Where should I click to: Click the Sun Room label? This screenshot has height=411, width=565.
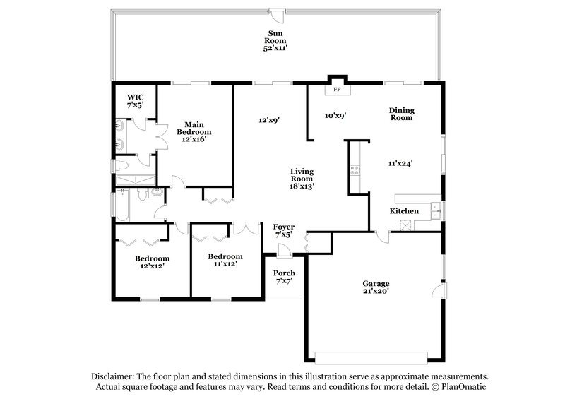[x=275, y=40]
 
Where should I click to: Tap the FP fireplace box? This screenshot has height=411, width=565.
[x=337, y=90]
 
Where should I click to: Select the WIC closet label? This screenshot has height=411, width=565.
[x=136, y=100]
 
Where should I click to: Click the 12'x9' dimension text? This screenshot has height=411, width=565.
[x=269, y=120]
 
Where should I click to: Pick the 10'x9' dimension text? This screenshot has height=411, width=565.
[x=335, y=114]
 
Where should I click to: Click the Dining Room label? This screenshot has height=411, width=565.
[x=401, y=114]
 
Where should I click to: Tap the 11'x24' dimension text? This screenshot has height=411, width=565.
[x=400, y=162]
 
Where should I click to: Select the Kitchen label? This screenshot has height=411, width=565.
[x=405, y=211]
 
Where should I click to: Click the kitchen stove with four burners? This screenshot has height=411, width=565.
[x=355, y=169]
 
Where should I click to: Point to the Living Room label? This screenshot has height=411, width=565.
[x=302, y=178]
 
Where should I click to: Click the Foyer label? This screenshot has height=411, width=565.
[x=284, y=230]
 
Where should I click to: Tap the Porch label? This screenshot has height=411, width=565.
[x=285, y=277]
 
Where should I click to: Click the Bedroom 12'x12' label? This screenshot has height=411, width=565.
[x=152, y=263]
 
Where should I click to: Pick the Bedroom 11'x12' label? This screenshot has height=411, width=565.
[x=226, y=261]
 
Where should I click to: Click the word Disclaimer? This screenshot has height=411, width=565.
[x=115, y=376]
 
